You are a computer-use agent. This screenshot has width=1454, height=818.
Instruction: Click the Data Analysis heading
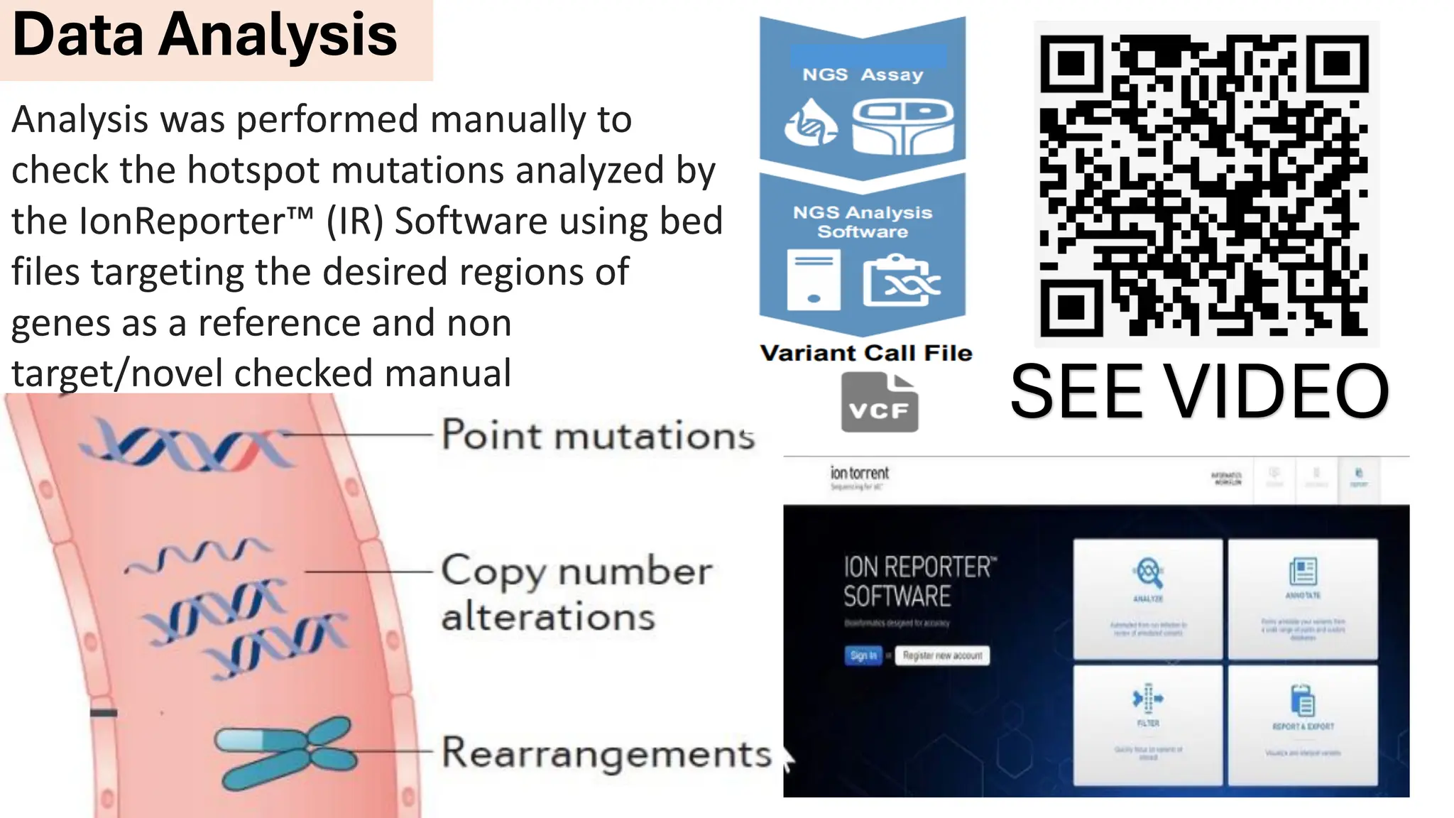[205, 35]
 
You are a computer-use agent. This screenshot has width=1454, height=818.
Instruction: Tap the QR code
[1205, 185]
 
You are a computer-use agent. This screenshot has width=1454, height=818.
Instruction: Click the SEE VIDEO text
[1199, 391]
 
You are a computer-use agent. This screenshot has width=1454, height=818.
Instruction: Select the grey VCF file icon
[879, 403]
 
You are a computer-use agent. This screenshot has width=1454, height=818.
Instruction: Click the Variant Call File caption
[865, 353]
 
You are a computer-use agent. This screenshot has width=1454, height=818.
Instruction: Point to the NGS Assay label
[863, 75]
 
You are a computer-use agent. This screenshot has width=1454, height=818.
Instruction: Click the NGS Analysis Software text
[863, 222]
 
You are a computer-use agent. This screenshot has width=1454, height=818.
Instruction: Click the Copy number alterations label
[575, 593]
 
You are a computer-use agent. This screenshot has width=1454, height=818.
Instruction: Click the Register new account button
[942, 655]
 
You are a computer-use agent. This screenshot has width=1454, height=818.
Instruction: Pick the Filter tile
[1147, 724]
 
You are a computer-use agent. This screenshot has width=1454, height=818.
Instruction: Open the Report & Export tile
[1303, 724]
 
